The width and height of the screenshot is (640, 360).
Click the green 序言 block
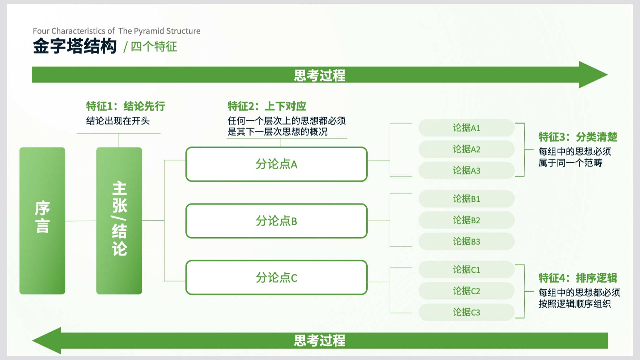42,221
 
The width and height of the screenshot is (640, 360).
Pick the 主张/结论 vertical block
119,221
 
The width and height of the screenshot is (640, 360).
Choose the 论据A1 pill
466,128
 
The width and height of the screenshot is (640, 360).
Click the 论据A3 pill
466,171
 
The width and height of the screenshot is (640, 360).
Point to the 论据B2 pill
466,220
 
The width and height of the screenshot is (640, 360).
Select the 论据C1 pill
466,270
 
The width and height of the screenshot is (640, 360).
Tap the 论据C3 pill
466,312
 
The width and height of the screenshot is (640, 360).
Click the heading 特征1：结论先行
125,106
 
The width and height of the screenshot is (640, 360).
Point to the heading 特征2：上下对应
267,106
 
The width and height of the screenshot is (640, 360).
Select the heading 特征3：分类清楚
578,137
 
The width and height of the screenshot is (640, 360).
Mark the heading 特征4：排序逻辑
578,278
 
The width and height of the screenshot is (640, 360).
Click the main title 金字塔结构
75,46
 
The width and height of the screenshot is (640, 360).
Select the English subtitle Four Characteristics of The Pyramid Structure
116,31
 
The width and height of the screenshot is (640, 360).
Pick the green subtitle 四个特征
154,47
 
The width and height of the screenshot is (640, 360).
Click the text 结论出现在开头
118,121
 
